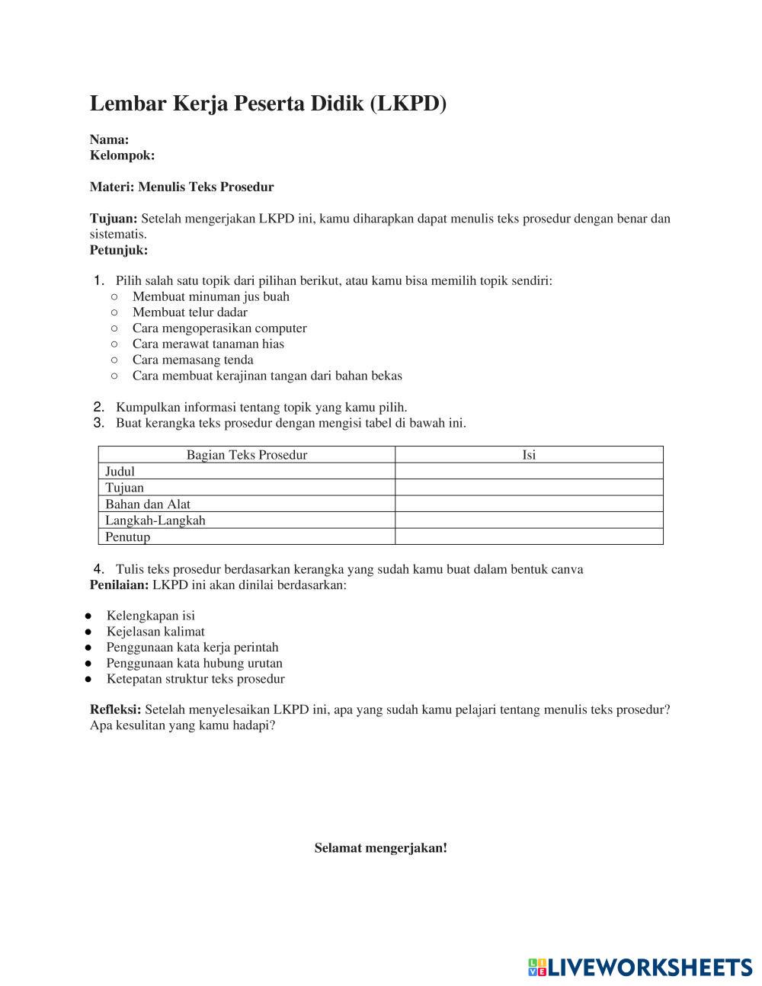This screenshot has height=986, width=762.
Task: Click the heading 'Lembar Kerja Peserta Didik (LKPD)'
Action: click(267, 104)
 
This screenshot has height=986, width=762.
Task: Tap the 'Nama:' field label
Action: click(109, 139)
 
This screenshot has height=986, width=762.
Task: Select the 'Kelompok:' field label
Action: click(122, 155)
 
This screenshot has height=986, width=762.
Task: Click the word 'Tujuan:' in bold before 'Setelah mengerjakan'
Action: click(114, 219)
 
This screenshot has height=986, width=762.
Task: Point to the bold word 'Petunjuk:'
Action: click(119, 250)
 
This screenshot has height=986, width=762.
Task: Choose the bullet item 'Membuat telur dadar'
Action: click(190, 312)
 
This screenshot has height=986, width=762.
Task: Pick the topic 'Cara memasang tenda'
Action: click(193, 360)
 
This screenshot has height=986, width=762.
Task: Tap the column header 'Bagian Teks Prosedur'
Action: click(246, 455)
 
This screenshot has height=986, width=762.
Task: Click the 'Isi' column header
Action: click(529, 455)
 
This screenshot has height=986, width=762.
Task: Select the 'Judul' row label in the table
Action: click(120, 472)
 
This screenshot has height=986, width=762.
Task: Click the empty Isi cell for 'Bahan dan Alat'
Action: click(529, 504)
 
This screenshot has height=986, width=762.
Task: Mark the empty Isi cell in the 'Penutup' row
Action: click(529, 537)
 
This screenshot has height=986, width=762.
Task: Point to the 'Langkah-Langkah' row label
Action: click(155, 520)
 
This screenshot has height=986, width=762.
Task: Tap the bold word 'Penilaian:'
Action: click(120, 585)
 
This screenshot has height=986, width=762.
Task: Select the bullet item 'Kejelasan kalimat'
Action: click(155, 632)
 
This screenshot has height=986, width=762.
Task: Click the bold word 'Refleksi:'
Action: click(116, 709)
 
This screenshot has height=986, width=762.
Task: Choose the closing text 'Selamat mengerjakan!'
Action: click(381, 848)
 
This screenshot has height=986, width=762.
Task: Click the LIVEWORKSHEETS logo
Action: click(639, 968)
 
